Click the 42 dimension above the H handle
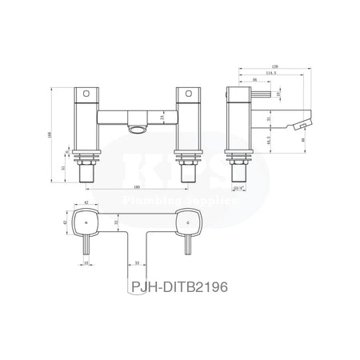86,202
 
